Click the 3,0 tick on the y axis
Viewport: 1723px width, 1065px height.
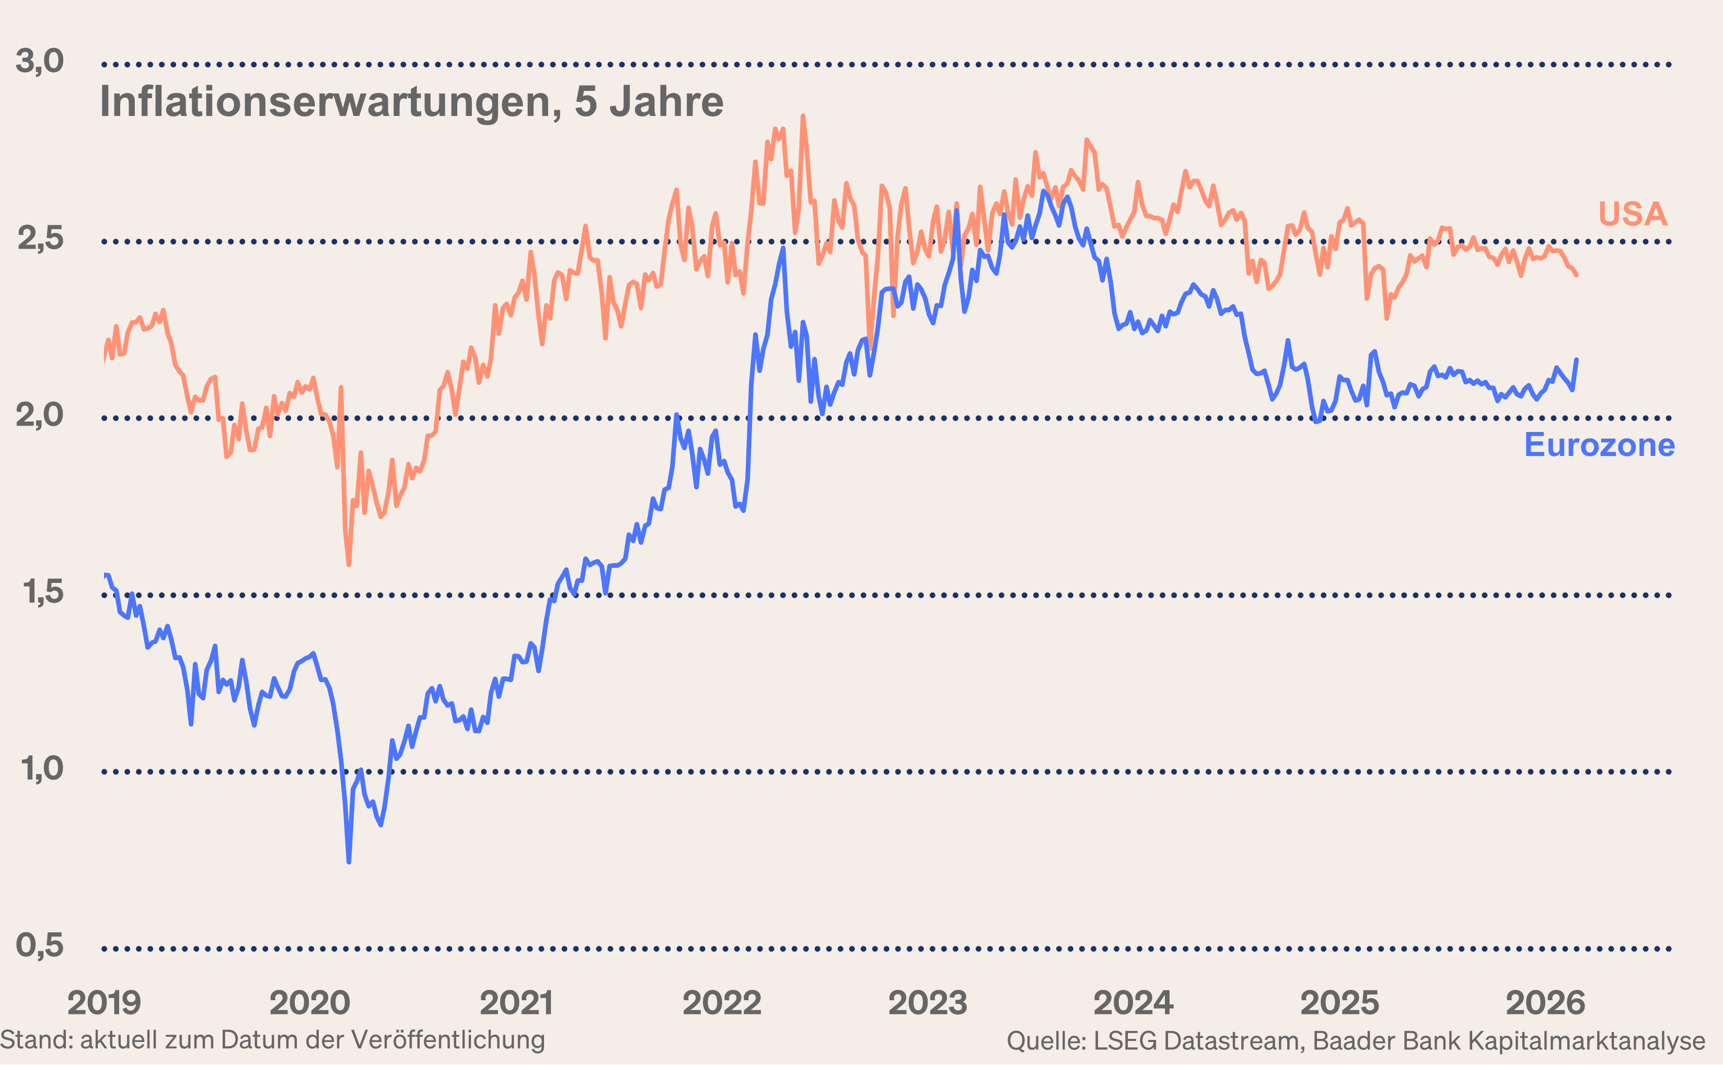(x=40, y=61)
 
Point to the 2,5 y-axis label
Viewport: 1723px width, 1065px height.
(x=40, y=239)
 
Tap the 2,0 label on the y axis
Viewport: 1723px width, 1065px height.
(x=40, y=415)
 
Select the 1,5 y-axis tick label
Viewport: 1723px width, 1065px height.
(x=42, y=592)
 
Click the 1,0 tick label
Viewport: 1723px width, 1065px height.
(x=42, y=768)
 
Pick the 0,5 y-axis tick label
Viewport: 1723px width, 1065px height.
(x=40, y=945)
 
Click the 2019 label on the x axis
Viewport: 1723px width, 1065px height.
(x=105, y=1003)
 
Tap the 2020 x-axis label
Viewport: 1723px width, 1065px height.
(x=309, y=1003)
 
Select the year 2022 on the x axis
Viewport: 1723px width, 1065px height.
(x=722, y=1003)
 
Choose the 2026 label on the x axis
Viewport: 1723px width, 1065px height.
(x=1545, y=1003)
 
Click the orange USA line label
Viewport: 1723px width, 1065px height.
(x=1632, y=214)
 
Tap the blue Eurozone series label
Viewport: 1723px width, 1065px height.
(x=1599, y=445)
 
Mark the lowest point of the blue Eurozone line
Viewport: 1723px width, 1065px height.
(x=349, y=861)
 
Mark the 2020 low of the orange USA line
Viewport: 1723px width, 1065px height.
(x=349, y=564)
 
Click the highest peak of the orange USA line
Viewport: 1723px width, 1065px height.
(x=803, y=117)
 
